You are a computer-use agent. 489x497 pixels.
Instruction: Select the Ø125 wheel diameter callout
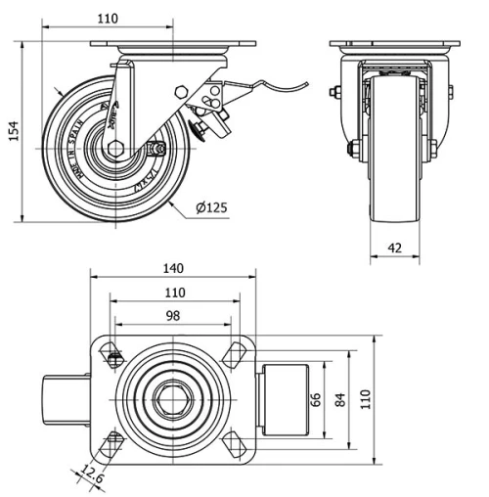pos(212,207)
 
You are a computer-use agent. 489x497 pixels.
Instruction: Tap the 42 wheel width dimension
pos(394,248)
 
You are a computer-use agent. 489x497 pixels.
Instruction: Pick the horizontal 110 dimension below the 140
pos(173,292)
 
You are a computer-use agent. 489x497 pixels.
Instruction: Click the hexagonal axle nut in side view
pos(115,149)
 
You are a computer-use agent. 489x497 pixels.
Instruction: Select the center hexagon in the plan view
pos(173,398)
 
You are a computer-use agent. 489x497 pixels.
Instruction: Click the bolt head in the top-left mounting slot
pos(115,359)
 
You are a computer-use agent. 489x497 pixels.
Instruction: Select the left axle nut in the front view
pos(352,150)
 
